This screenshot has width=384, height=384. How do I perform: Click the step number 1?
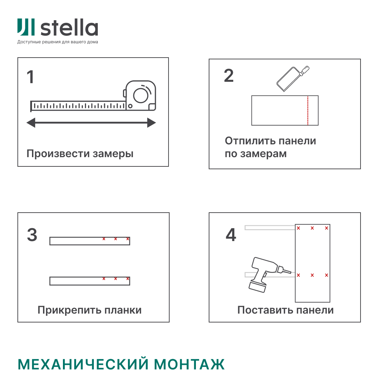coord(31,77)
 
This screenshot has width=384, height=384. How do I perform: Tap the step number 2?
coord(229,75)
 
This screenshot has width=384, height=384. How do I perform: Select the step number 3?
coord(32,235)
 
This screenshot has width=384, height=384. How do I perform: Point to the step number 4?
coord(231,235)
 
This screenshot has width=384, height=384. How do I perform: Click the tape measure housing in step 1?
coord(141,96)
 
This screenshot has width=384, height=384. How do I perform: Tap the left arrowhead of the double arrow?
coord(31,123)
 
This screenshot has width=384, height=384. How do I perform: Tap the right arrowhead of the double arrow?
coord(151,123)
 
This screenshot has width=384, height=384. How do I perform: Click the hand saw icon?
coord(292,79)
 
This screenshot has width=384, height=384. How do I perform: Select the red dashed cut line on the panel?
coord(308,111)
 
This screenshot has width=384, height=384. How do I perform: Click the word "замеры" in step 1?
coord(113,154)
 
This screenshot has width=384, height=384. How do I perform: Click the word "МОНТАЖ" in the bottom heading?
coord(190,364)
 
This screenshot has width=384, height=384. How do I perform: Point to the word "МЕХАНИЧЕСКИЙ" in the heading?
coord(83,364)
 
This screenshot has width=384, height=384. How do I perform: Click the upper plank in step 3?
coord(90,241)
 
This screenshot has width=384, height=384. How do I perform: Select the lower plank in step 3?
coord(90,281)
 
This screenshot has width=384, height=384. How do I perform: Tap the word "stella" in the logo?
coord(69,28)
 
